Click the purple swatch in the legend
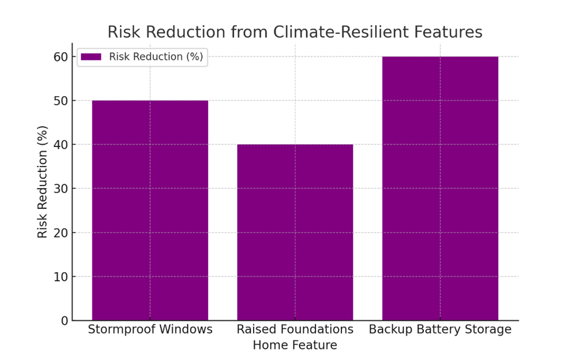tap(91, 57)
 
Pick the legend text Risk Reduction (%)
tap(156, 57)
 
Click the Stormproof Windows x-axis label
tap(150, 330)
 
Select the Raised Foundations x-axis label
tap(295, 330)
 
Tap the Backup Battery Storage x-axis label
tap(440, 330)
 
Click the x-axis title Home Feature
tap(295, 345)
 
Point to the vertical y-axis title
tap(43, 182)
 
